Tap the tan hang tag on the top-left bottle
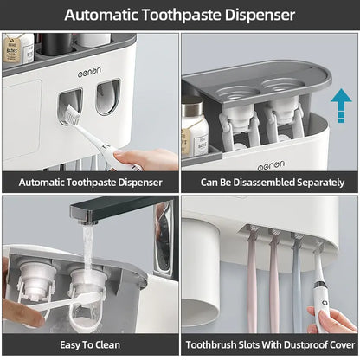pos(11,55)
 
